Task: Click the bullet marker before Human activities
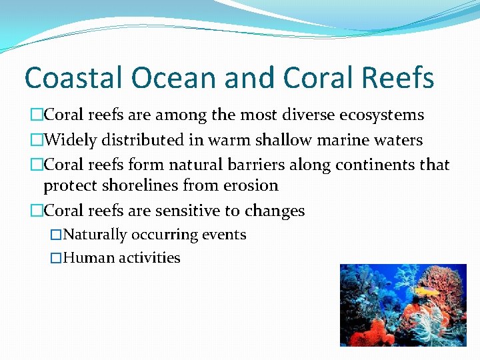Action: point(56,258)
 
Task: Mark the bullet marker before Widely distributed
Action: point(36,140)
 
